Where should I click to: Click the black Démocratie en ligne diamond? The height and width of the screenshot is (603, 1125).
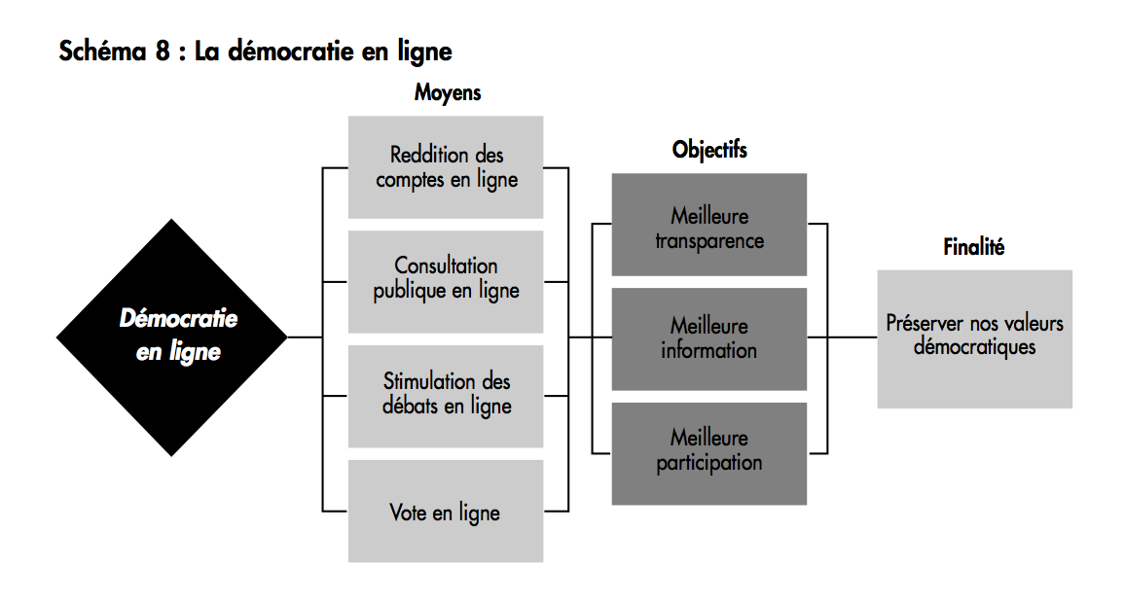(x=171, y=337)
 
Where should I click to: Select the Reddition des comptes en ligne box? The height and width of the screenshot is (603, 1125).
(x=446, y=167)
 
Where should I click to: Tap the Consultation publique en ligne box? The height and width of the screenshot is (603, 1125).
(x=446, y=282)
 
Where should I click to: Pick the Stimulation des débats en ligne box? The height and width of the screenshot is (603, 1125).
(x=446, y=397)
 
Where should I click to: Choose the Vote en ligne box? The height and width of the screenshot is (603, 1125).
(x=446, y=512)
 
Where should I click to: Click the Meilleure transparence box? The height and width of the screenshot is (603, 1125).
(x=708, y=225)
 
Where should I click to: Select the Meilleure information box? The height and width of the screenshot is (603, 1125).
(x=708, y=339)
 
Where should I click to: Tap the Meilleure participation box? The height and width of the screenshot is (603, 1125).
(x=708, y=454)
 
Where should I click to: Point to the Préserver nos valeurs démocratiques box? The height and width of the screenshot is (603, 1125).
(x=974, y=339)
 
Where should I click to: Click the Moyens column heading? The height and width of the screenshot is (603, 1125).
(x=448, y=92)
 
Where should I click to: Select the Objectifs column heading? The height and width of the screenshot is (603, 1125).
(x=709, y=149)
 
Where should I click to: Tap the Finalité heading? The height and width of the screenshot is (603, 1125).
(x=973, y=247)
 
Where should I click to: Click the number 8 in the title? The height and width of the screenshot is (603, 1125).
(x=163, y=51)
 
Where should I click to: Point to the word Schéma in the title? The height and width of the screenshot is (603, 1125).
(x=103, y=51)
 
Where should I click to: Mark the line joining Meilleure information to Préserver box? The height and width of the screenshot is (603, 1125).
(x=843, y=337)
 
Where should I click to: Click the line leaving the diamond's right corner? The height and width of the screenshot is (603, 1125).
(x=305, y=337)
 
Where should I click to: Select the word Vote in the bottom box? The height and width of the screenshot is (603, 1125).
(x=408, y=512)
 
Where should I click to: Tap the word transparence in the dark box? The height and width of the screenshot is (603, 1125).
(x=709, y=241)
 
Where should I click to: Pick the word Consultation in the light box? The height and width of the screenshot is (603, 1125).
(x=446, y=266)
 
